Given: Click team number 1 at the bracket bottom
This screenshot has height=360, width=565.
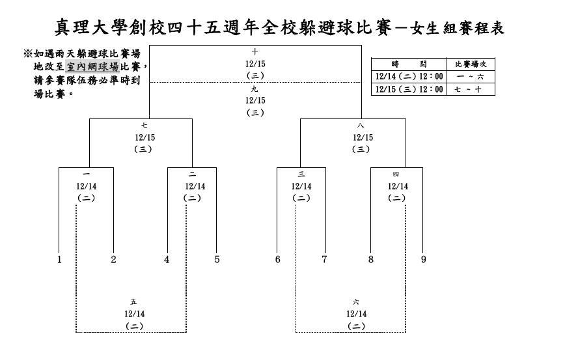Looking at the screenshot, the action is (x=59, y=260).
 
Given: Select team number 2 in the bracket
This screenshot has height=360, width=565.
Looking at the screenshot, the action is (x=113, y=260).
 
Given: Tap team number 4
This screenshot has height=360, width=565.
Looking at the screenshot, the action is (x=167, y=260).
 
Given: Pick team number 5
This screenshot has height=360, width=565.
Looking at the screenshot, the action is (x=217, y=260).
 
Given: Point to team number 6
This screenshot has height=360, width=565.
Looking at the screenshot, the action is (x=277, y=260).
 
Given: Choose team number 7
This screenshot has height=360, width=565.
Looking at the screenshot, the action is (x=324, y=260).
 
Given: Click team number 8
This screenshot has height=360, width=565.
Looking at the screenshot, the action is (x=371, y=260).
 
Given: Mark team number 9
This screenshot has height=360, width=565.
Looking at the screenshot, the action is (x=423, y=260).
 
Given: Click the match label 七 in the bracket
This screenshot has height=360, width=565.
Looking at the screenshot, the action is (x=144, y=126).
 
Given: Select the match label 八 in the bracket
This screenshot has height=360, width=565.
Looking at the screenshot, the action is (x=361, y=126).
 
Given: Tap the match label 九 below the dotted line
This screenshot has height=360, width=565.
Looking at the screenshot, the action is (x=255, y=89).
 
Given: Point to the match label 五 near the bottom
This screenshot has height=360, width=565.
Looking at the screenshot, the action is (x=133, y=301).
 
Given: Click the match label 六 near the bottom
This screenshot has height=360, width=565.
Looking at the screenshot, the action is (x=356, y=301).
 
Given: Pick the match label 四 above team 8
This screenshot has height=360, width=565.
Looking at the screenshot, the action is (x=396, y=174).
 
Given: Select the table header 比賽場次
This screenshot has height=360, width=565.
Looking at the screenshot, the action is (x=471, y=64).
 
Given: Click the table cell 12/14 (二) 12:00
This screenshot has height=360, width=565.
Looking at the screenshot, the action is (x=409, y=76).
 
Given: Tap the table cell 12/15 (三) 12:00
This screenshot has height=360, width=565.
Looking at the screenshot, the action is (x=409, y=89).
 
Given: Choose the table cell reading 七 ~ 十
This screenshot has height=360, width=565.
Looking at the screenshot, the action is (x=468, y=89).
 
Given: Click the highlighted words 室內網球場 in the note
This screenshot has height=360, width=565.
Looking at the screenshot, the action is (x=92, y=66).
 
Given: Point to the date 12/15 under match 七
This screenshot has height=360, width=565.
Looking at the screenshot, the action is (x=145, y=137).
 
